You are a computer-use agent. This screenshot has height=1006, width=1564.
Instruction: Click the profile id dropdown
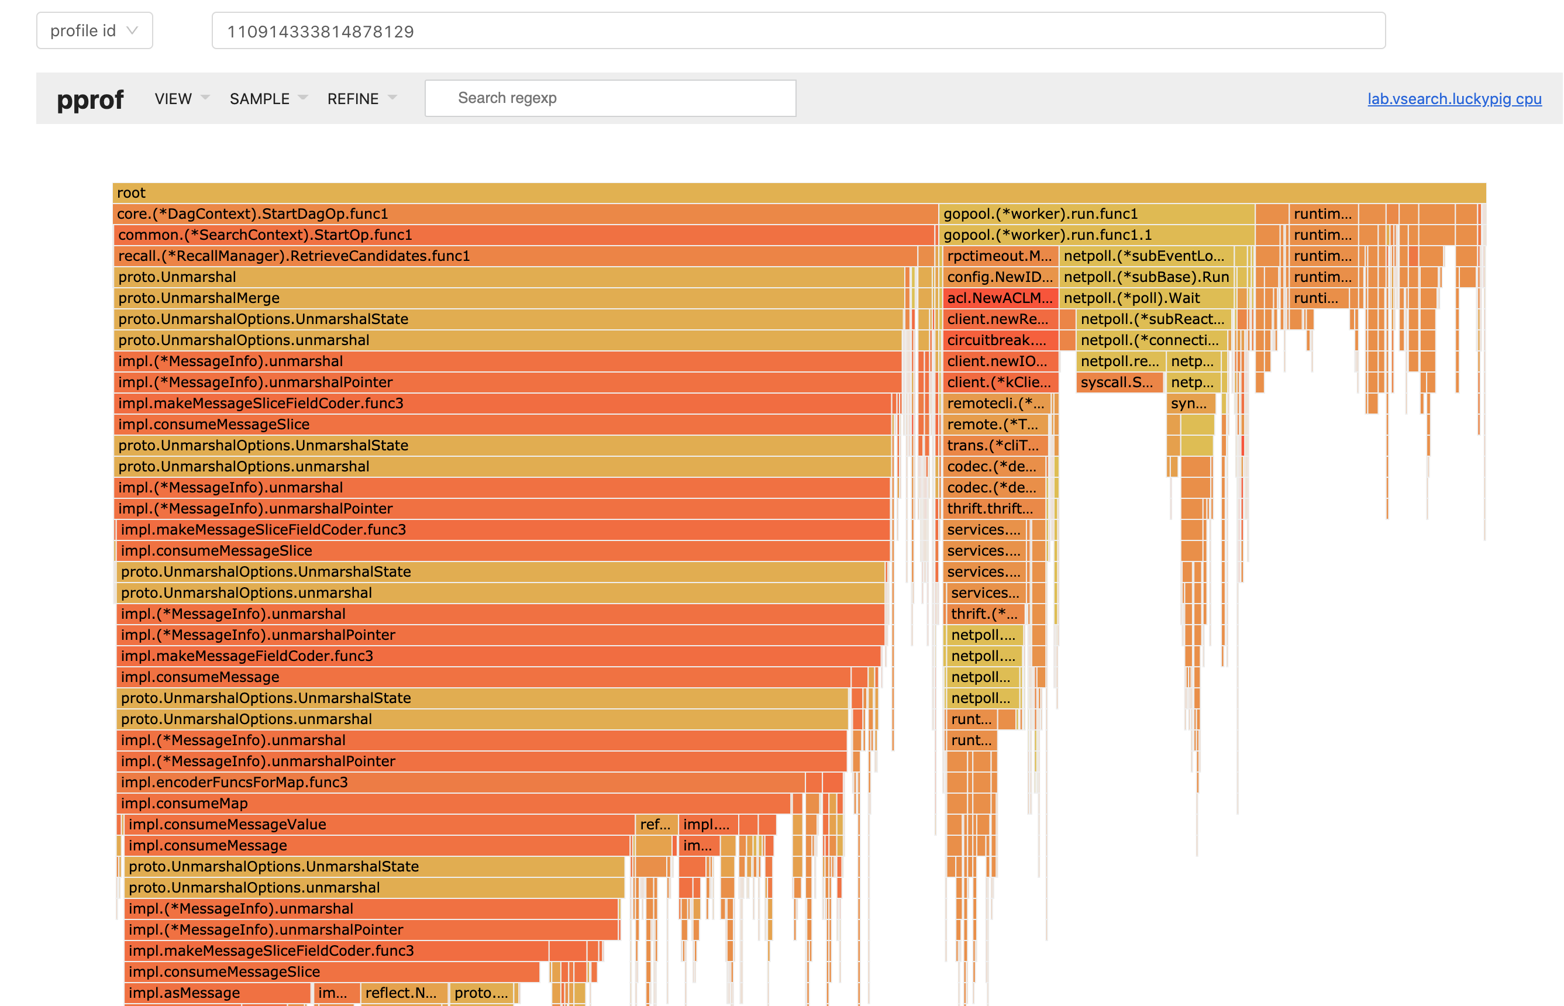[x=94, y=30]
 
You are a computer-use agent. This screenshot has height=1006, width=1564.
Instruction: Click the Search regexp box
[x=609, y=99]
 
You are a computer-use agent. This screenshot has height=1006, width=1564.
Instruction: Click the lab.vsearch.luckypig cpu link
[x=1453, y=99]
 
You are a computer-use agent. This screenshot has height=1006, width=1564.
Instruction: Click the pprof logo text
[x=90, y=99]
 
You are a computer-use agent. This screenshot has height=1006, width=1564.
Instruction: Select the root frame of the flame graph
[x=798, y=192]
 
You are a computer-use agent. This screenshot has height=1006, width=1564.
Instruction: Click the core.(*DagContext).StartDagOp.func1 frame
[x=525, y=213]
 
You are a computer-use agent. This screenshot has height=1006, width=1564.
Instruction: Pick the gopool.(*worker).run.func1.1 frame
[x=1096, y=235]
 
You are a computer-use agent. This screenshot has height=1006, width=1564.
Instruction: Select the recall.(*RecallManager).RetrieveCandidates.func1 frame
[x=515, y=256]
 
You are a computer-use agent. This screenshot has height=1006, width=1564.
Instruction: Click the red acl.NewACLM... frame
[x=1000, y=298]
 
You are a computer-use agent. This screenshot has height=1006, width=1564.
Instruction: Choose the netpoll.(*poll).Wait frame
[x=1146, y=298]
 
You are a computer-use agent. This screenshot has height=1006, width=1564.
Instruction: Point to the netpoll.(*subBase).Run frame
[x=1146, y=277]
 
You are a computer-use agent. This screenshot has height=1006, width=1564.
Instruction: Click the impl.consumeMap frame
[x=453, y=803]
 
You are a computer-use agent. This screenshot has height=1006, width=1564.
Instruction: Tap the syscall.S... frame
[x=1119, y=382]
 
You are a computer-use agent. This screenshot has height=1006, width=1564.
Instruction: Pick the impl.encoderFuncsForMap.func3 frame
[x=460, y=782]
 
